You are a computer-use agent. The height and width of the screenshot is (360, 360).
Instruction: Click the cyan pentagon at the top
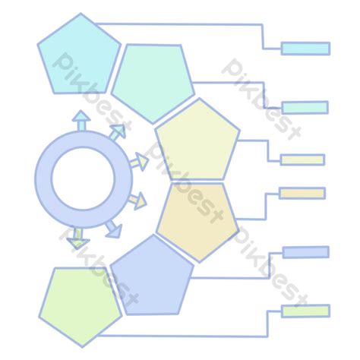pos(80,55)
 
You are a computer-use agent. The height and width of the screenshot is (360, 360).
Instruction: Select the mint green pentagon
pos(153,82)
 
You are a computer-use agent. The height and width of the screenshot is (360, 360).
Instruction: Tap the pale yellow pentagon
pos(197,141)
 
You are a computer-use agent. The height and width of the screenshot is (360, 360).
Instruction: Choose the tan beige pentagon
pos(197,220)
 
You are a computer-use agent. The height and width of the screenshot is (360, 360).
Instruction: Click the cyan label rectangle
pos(305,49)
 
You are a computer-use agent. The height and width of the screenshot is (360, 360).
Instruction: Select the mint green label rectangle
pos(305,108)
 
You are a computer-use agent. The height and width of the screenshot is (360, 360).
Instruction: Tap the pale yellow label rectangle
pos(302,159)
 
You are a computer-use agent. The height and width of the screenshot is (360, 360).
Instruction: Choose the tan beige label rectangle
pos(302,194)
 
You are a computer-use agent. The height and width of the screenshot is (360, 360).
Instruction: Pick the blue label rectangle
pos(306,252)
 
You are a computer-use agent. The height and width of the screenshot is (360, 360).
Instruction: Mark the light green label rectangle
pos(306,311)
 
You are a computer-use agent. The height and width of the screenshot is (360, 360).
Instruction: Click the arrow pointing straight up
pos(81,121)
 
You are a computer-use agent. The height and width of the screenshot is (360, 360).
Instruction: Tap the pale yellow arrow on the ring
pos(139,162)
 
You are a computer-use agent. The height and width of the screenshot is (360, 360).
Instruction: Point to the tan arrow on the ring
pos(137,200)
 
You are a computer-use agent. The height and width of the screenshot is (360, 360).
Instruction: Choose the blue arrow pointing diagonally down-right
pos(114,229)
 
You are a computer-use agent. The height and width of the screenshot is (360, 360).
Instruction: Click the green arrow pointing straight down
pos(78,238)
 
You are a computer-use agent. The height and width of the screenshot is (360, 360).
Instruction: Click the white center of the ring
pos(84,178)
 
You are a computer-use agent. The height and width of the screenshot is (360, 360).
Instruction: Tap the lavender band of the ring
pos(43,178)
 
